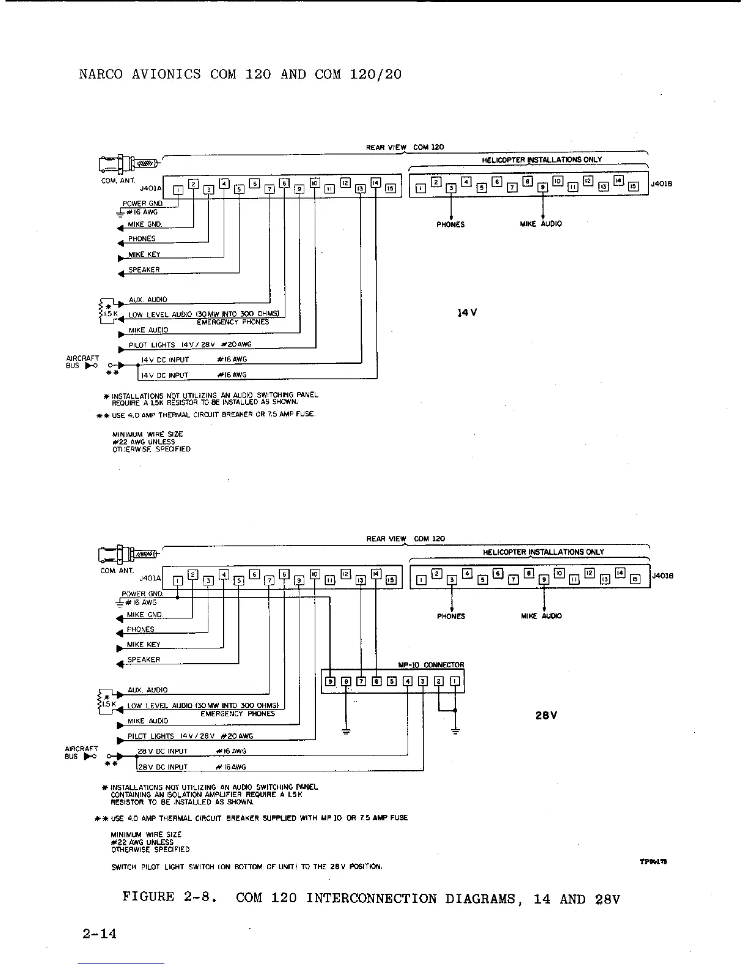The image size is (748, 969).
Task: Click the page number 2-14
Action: pyautogui.click(x=100, y=934)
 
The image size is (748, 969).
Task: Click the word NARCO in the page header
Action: pyautogui.click(x=97, y=75)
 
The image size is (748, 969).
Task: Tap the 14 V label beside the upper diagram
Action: pyautogui.click(x=467, y=313)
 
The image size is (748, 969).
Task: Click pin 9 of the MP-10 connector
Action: pyautogui.click(x=331, y=681)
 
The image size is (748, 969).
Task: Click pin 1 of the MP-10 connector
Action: pyautogui.click(x=455, y=681)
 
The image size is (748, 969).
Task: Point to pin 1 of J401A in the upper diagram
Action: pyautogui.click(x=177, y=190)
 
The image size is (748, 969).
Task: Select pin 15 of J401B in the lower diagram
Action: pyautogui.click(x=634, y=580)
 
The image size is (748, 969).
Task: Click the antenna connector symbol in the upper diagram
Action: pyautogui.click(x=127, y=163)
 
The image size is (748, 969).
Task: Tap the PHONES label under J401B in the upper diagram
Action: pyautogui.click(x=450, y=225)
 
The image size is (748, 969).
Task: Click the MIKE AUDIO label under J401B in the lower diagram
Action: pyautogui.click(x=541, y=616)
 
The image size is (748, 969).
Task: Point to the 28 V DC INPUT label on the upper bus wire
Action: pyautogui.click(x=163, y=751)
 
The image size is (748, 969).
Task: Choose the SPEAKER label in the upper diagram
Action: pyautogui.click(x=144, y=270)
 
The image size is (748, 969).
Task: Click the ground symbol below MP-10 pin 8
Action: pyautogui.click(x=346, y=731)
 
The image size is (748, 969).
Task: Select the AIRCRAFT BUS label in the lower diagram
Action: pyautogui.click(x=82, y=752)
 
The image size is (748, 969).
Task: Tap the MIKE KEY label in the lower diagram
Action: pyautogui.click(x=144, y=645)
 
